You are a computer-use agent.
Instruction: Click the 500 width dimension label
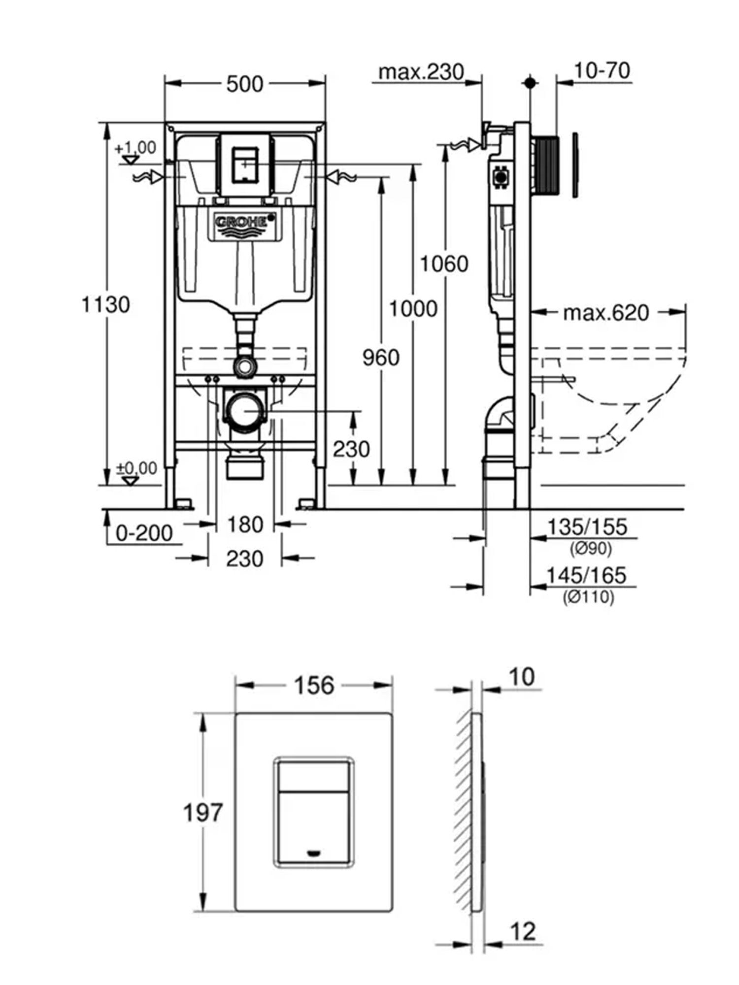pyautogui.click(x=245, y=84)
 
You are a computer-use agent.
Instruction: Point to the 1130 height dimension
pyautogui.click(x=105, y=305)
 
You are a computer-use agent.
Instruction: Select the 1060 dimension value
pyautogui.click(x=444, y=264)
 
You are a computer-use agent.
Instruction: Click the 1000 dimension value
pyautogui.click(x=413, y=309)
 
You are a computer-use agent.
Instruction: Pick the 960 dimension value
pyautogui.click(x=381, y=358)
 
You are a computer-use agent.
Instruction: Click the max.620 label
pyautogui.click(x=606, y=312)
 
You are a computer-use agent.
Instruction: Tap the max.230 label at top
pyautogui.click(x=421, y=72)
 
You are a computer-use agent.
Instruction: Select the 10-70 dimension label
pyautogui.click(x=602, y=70)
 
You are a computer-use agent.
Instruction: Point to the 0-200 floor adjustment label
pyautogui.click(x=144, y=533)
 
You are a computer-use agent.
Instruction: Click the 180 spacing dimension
pyautogui.click(x=245, y=525)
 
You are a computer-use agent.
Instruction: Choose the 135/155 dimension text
pyautogui.click(x=587, y=527)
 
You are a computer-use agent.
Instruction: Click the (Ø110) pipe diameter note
pyautogui.click(x=589, y=597)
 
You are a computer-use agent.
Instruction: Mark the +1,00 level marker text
pyautogui.click(x=135, y=147)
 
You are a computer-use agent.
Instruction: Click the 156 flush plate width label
pyautogui.click(x=314, y=685)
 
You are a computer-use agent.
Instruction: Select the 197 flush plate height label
pyautogui.click(x=203, y=812)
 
